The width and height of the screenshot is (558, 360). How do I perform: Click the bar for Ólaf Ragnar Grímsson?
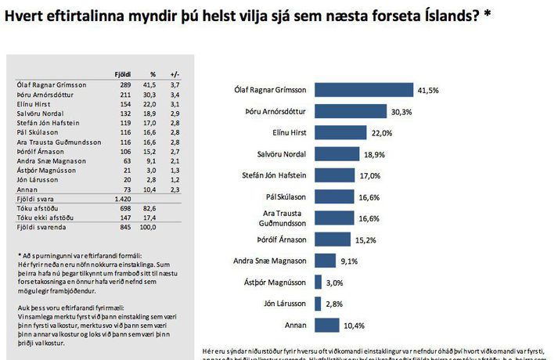[x=363, y=90]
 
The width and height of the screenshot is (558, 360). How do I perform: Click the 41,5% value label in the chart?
[x=428, y=91]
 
